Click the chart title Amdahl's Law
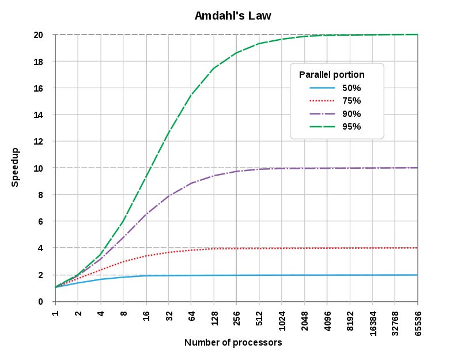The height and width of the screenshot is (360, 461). coord(233,16)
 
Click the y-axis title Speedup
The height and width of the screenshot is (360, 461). coord(16,167)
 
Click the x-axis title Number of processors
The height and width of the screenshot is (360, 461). coord(233,343)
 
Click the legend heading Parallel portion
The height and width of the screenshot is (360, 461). coord(331,75)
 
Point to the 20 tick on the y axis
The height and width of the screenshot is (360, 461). coord(39,35)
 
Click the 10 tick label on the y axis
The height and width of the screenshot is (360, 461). coord(39,168)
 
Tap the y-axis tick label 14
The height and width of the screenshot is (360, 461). coord(39,115)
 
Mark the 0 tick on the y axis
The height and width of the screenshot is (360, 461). coord(41,301)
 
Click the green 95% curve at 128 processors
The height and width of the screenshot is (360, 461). coord(214,68)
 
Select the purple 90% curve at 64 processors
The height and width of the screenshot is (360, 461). coord(191,183)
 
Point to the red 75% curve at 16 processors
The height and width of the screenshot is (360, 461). coord(146,256)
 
